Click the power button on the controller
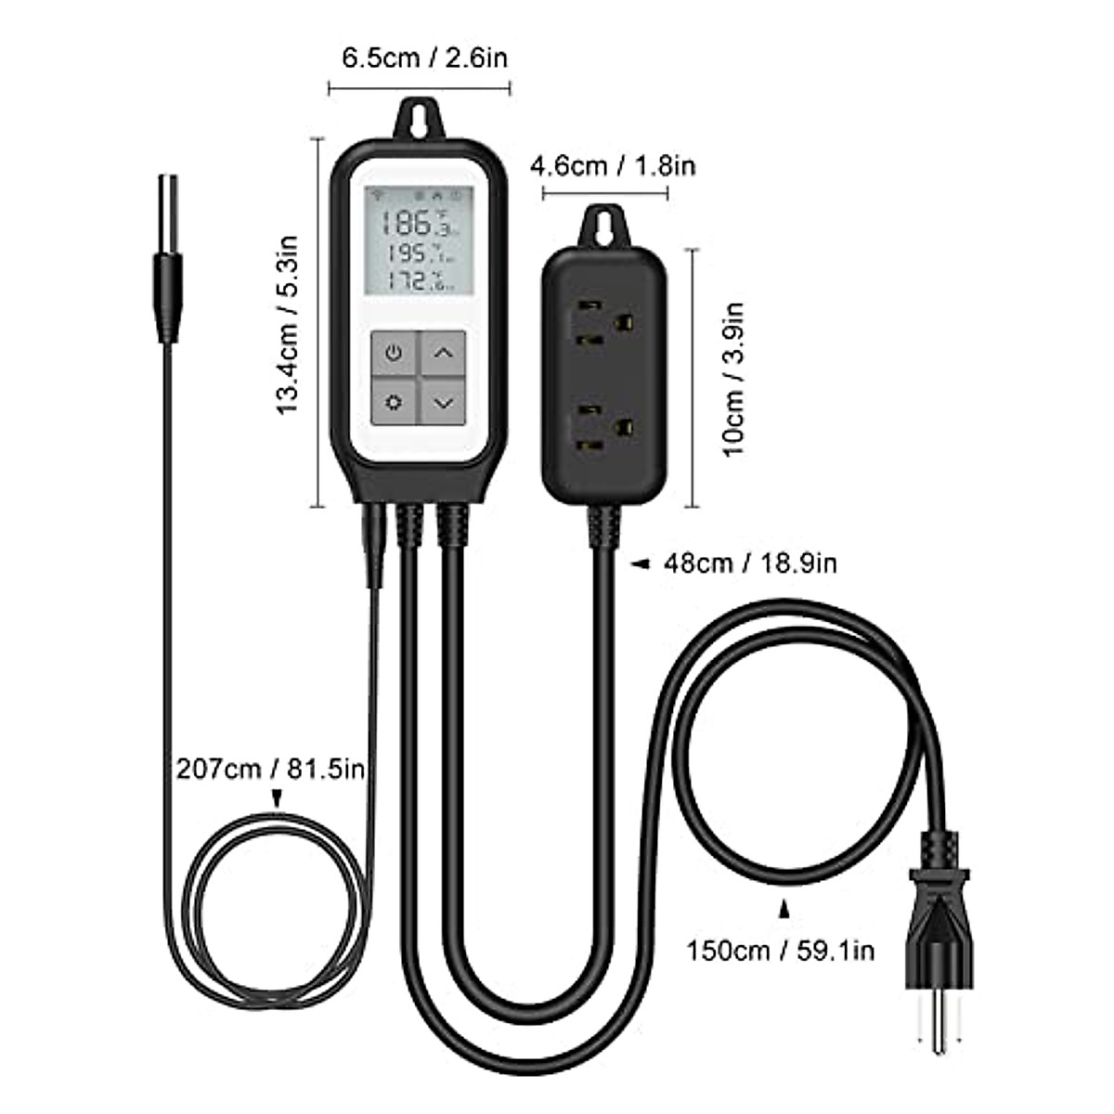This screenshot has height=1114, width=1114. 395,354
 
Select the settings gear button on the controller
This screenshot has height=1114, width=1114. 395,403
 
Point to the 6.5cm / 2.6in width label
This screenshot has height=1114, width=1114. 425,58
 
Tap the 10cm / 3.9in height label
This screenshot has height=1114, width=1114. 734,378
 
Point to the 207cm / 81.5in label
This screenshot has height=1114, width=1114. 270,769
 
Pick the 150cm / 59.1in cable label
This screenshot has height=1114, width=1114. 780,950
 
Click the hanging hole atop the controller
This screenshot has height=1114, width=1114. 421,119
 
